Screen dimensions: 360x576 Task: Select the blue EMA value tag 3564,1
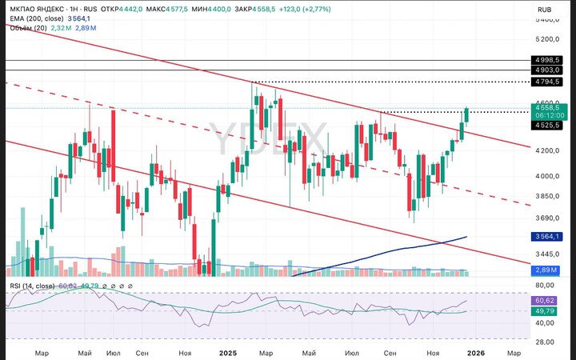coord(547,236)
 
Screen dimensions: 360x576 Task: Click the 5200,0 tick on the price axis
coord(547,38)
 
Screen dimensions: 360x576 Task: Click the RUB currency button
coord(546,10)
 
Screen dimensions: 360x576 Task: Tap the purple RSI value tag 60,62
coord(547,300)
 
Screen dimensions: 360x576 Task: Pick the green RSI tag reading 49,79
coord(547,311)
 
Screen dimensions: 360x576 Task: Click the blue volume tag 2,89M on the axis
coord(547,271)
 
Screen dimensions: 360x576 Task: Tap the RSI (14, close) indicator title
coord(32,286)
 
